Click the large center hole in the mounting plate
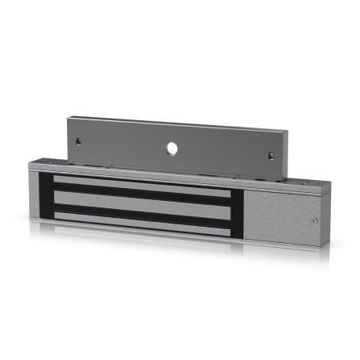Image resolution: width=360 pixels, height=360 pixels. click(171, 149)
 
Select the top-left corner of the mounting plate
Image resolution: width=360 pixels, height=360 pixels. click(68, 118)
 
